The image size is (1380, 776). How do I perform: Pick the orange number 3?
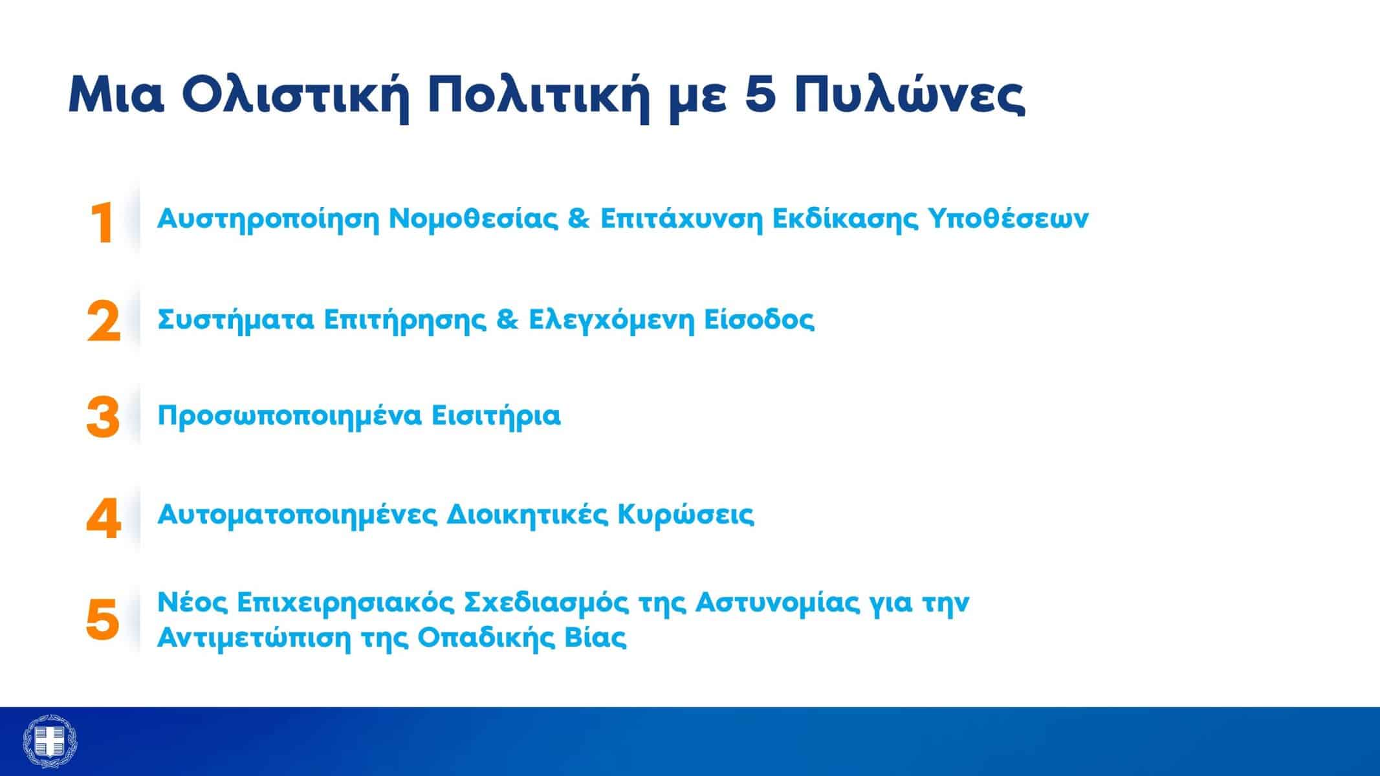click(104, 417)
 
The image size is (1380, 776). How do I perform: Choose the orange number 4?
click(104, 518)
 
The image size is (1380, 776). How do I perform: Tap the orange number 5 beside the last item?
click(104, 619)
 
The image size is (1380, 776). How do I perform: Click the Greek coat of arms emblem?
click(50, 741)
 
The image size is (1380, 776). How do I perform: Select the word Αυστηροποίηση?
click(268, 219)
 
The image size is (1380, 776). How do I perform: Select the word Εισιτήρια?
click(496, 416)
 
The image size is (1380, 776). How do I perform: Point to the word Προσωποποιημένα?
click(289, 416)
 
